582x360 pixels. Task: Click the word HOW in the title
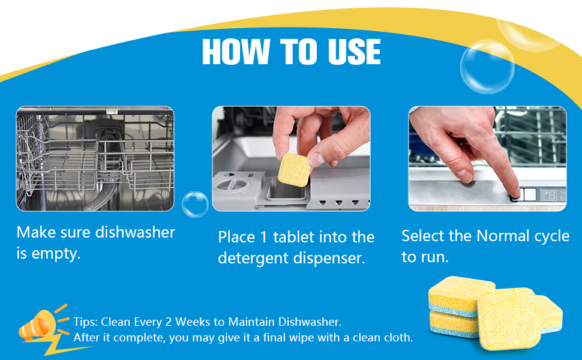point(236,52)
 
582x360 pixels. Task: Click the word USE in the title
point(355,52)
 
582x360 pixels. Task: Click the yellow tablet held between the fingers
point(295,170)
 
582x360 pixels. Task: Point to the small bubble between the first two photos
point(195,204)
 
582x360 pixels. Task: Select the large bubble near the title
point(487,67)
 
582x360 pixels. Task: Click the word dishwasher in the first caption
point(135,232)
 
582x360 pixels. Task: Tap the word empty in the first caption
point(55,254)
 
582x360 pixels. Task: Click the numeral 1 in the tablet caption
point(263,238)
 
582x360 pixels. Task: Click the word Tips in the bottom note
point(85,322)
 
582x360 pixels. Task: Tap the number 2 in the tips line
point(168,322)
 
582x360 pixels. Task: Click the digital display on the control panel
point(550,195)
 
